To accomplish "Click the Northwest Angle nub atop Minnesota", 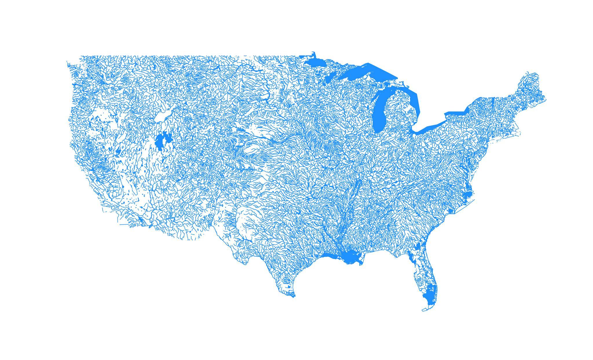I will [x=313, y=54].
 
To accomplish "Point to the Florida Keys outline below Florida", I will [x=427, y=310].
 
